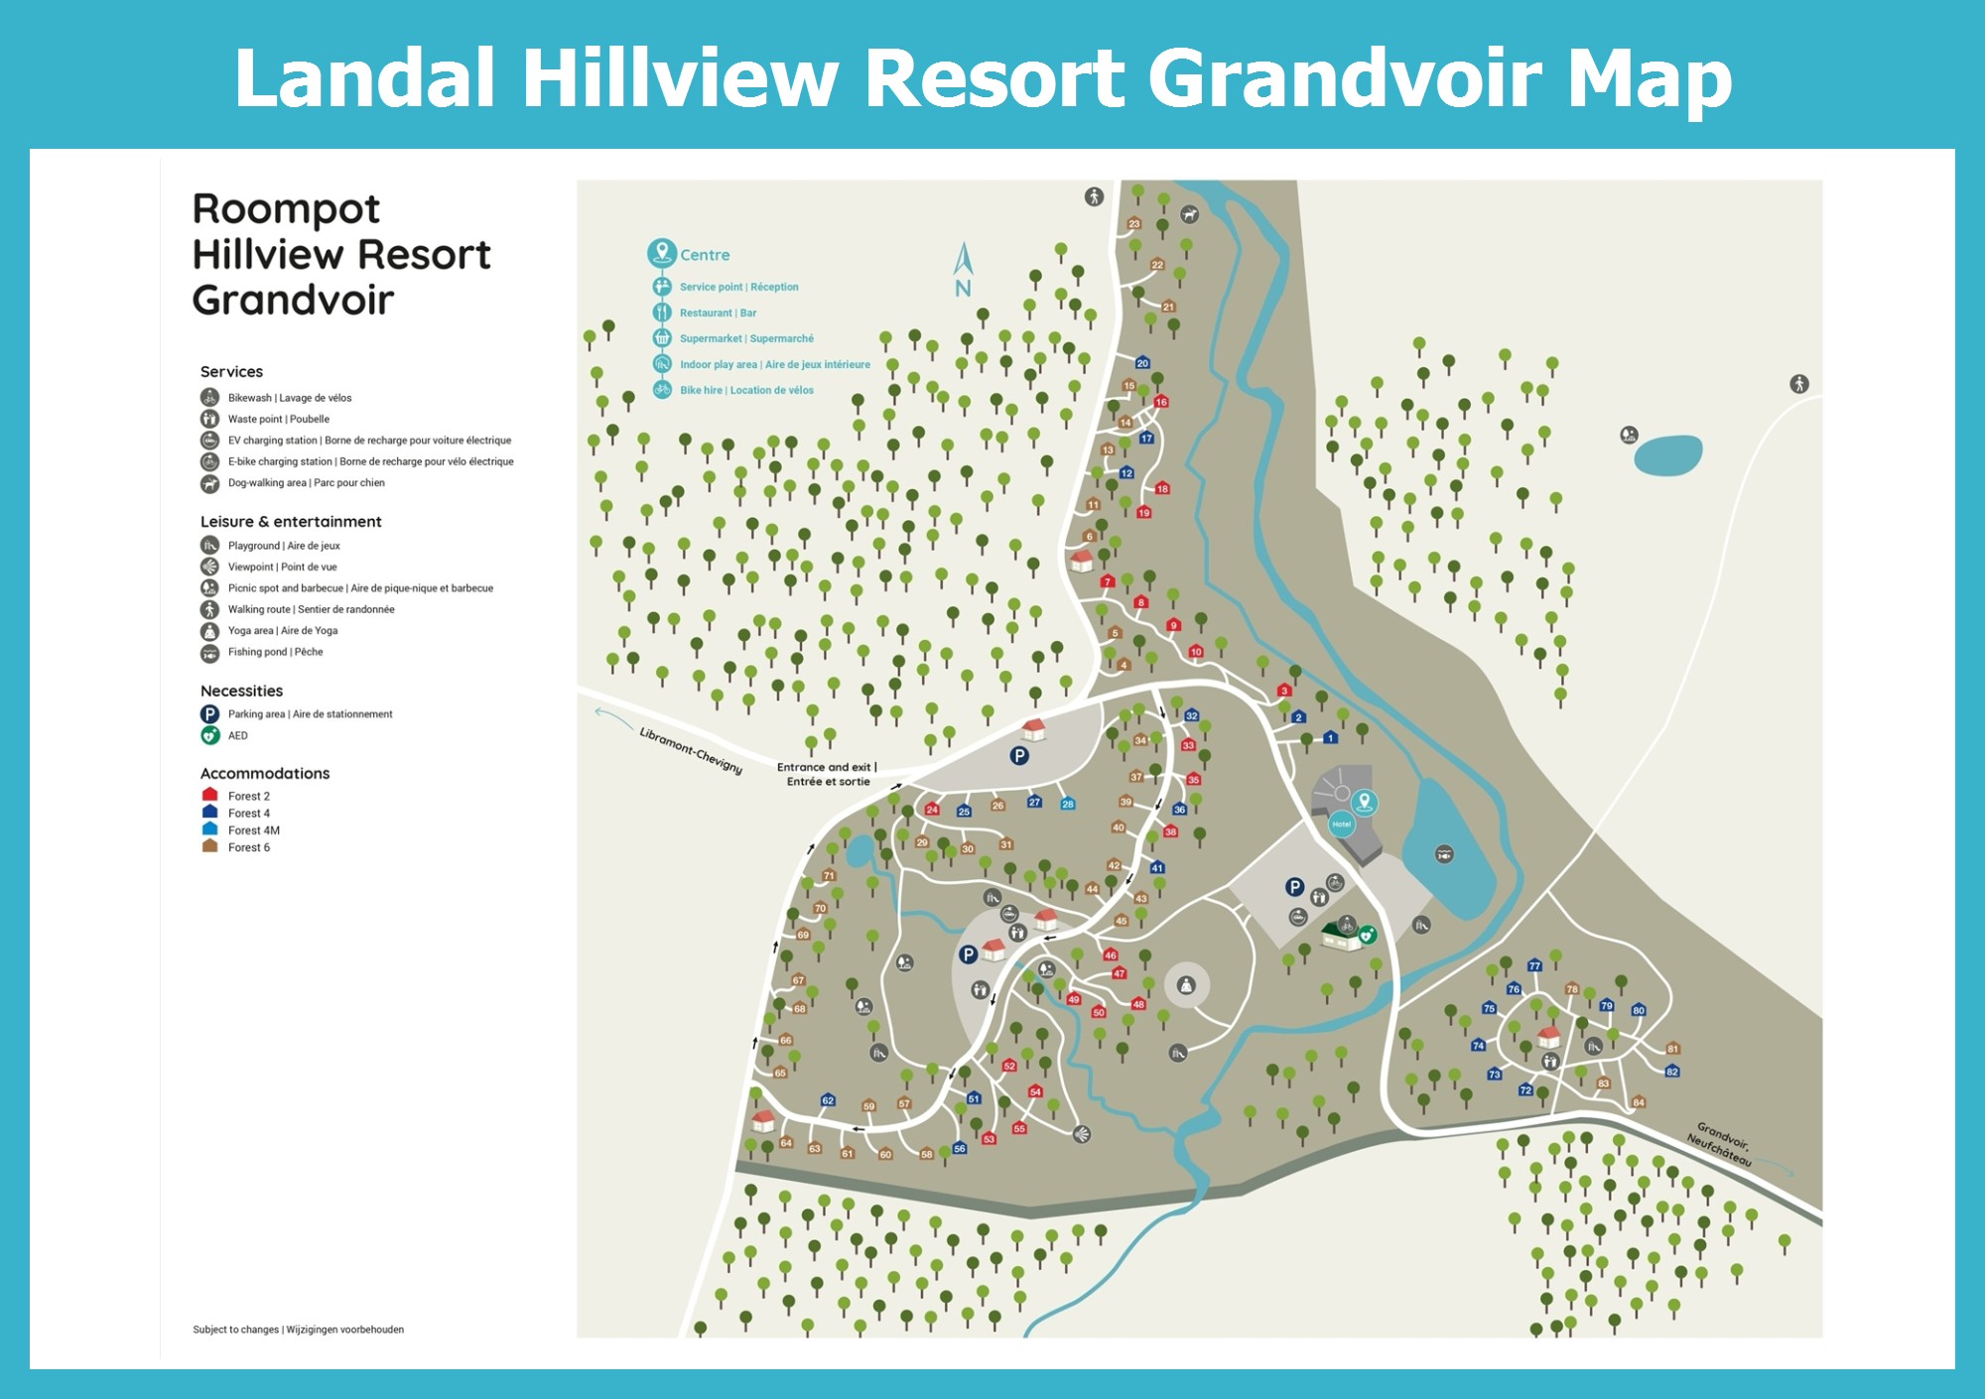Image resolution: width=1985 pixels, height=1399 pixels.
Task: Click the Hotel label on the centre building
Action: coord(1342,825)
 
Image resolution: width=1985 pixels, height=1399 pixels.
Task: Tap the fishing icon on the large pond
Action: coord(1444,853)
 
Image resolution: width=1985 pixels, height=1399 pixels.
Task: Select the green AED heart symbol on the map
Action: coord(1367,935)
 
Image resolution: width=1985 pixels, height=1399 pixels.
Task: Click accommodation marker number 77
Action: coord(1534,965)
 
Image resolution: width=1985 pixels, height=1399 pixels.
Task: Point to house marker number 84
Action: coord(1639,1102)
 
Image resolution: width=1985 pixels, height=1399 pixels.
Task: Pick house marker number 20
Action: coord(1142,363)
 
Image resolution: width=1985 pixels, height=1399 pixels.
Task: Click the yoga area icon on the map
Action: coord(1186,985)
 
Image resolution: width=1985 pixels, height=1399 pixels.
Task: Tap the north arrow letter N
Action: coord(963,289)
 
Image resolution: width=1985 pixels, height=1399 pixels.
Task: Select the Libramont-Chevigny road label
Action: coord(691,750)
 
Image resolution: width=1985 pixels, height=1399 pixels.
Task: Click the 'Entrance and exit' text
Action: coord(827,767)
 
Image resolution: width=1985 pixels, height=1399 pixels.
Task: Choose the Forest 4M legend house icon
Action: coord(209,829)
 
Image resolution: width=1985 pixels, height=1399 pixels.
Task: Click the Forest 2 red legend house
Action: coord(209,795)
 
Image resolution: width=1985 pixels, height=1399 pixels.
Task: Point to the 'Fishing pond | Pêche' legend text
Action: coord(275,652)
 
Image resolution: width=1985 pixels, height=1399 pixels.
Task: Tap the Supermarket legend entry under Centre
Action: coord(745,338)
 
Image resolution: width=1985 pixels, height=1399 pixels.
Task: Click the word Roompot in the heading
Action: coord(286,209)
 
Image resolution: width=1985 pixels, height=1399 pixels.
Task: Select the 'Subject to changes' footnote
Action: coord(298,1330)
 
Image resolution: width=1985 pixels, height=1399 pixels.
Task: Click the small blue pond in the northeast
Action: coord(1667,455)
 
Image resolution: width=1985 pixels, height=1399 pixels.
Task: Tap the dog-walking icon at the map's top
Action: coord(1189,214)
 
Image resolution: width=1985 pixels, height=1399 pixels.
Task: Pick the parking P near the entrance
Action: coord(1019,756)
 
